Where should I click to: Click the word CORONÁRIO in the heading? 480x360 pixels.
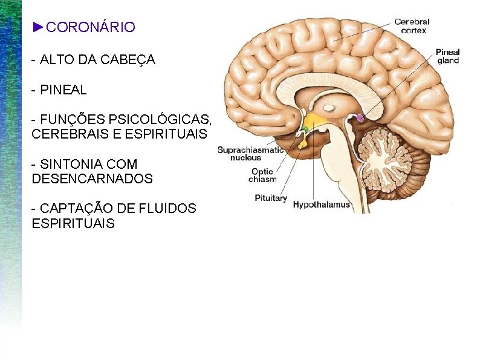point(91,27)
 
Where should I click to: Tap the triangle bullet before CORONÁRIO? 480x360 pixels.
point(39,27)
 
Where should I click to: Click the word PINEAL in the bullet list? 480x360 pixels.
point(63,90)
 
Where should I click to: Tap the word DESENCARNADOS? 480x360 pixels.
point(92,179)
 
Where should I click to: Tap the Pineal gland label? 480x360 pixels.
point(447,56)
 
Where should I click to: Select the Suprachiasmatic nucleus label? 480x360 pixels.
point(247,154)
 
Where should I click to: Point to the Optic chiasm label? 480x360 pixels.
point(263,175)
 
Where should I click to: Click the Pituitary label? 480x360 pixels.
point(270,198)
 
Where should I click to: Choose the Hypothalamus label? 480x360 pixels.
point(321,205)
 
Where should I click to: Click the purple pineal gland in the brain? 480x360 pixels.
point(360,118)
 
